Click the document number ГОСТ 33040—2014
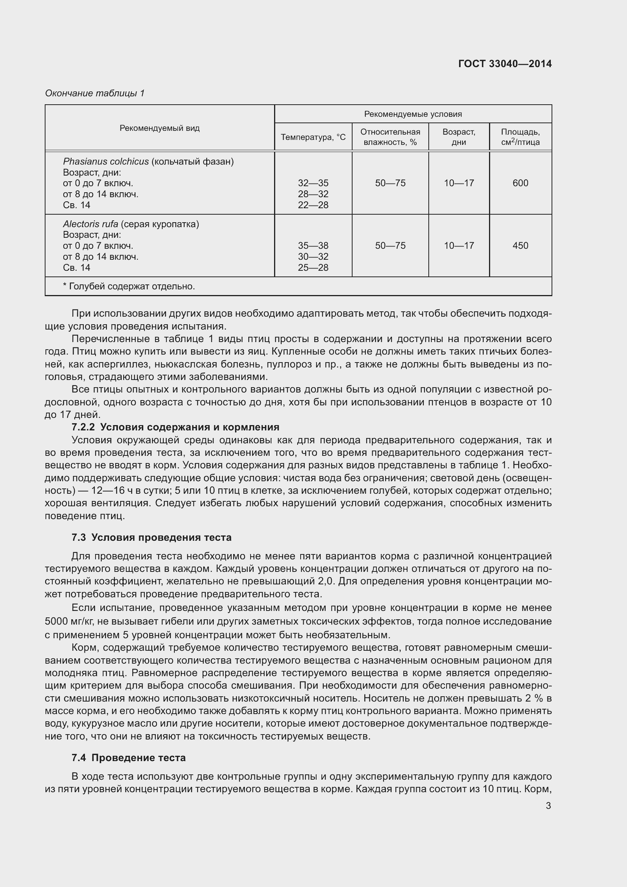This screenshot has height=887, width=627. pos(505,64)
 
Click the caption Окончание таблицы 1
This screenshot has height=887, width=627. pos(95,93)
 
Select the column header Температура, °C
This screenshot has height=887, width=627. pos(313,137)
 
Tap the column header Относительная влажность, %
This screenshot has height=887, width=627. pos(390,137)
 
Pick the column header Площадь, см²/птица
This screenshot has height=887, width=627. pos(520,137)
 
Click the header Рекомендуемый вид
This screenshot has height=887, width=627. pos(160,128)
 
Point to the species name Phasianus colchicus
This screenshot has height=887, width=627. pos(106,162)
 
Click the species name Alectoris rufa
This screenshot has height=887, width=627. pos(91,224)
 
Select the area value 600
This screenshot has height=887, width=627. pos(520,183)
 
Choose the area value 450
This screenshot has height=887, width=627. pos(520,246)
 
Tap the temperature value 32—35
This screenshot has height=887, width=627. pos(313,183)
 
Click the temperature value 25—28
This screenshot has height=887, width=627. pos(313,267)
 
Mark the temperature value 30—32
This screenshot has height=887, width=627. pos(313,256)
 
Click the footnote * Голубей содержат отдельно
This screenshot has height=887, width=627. pos(129,286)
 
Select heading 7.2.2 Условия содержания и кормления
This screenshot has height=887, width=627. pos(175,427)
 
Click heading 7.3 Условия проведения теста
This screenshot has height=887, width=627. pos(151,537)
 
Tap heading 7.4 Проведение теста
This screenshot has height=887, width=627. pos(129,758)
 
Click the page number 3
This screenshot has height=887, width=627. pos(548,805)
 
